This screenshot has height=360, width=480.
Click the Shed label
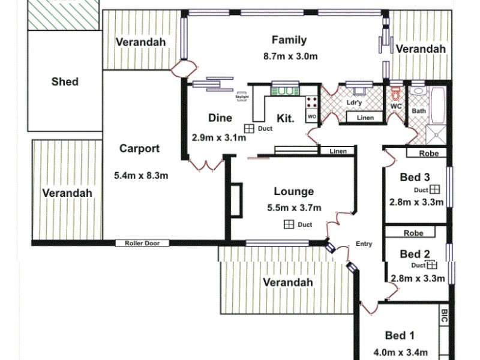pos(65,82)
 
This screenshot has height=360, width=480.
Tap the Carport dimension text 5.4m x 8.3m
pos(140,176)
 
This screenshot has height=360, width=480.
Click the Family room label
pos(289,40)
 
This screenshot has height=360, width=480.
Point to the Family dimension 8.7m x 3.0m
pos(290,56)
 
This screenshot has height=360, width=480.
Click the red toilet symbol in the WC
pos(395,94)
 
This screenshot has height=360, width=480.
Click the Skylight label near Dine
pos(242,96)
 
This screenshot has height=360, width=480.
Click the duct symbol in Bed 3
pos(435,189)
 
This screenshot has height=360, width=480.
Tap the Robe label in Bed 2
pos(413,233)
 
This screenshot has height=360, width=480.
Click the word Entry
pos(364,244)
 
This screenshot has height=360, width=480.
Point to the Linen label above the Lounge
pos(338,151)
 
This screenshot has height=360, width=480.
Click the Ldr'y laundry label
pos(355,103)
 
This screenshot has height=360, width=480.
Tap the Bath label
pos(418,111)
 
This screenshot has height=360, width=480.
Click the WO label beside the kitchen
pos(311,116)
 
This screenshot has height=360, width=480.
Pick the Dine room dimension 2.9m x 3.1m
pos(218,137)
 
